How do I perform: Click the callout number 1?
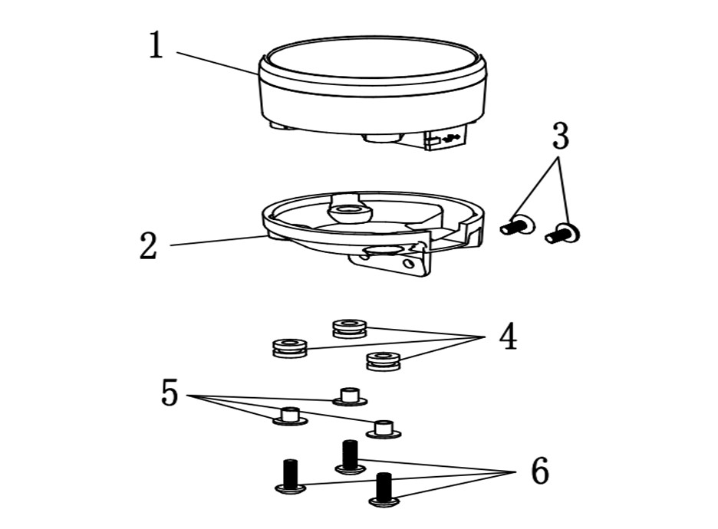point(156,44)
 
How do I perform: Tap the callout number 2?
point(148,246)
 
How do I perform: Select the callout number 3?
point(561,136)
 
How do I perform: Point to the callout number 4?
point(508,337)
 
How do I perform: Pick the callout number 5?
point(170,393)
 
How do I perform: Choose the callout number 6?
point(540,471)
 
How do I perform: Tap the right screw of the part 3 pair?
point(562,233)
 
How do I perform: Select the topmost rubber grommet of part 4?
point(350,329)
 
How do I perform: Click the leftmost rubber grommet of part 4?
point(289,348)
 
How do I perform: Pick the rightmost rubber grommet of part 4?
point(384,361)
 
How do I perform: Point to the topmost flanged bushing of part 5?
point(349,397)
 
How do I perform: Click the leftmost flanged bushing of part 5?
point(290,416)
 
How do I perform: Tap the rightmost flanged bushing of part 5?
point(384,429)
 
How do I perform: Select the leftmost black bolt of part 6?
point(291,477)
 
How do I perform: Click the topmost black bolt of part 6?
point(351,457)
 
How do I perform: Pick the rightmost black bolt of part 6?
point(384,490)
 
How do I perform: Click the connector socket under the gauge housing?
point(446,138)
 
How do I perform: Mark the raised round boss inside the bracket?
point(349,212)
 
